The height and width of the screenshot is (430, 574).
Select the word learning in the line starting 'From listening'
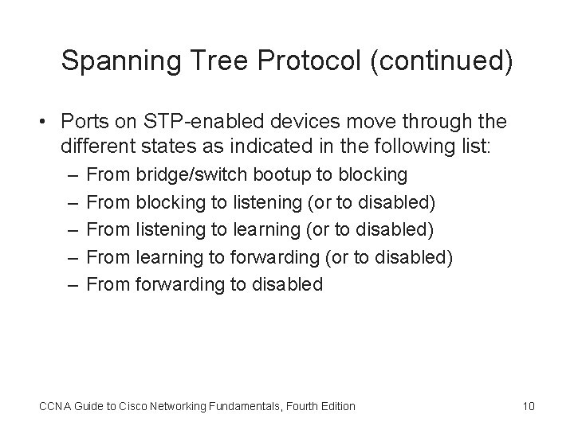(266, 229)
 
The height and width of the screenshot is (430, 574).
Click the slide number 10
(528, 406)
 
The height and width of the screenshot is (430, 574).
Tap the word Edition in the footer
(336, 406)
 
